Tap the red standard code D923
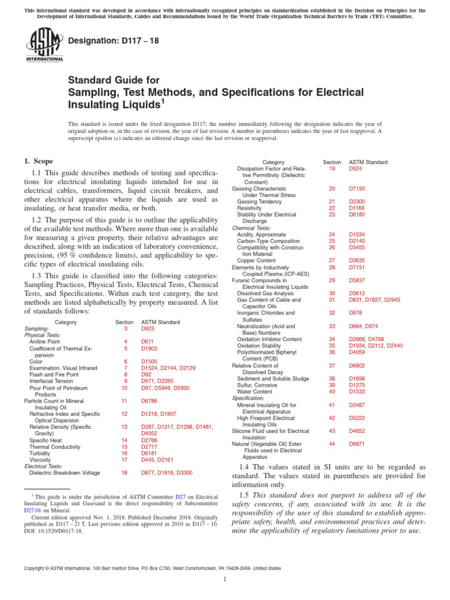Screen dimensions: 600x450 (x=149, y=329)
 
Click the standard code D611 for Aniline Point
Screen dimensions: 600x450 (x=147, y=341)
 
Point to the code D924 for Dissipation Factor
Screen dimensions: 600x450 (x=356, y=169)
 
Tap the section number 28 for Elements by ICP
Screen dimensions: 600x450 (x=332, y=267)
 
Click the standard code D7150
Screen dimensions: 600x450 (x=358, y=189)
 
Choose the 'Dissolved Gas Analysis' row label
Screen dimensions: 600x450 (x=267, y=293)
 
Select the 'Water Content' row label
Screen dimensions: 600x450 (x=254, y=391)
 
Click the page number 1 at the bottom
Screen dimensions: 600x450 (x=225, y=579)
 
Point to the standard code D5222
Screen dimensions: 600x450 (x=358, y=418)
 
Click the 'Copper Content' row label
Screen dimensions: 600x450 (x=257, y=260)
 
